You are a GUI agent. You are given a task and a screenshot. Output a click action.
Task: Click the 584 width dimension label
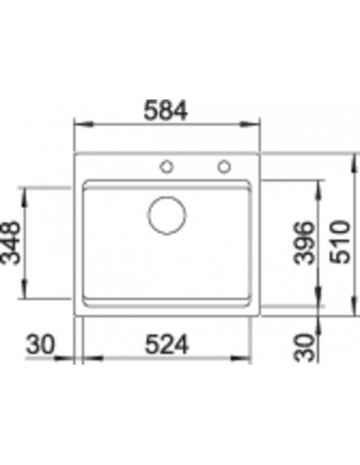pos(166,111)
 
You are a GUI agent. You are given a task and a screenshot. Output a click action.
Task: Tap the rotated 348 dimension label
pos(11,243)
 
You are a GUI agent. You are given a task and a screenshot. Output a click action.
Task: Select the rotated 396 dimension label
pos(303,243)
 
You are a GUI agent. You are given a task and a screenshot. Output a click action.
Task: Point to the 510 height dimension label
pos(340,242)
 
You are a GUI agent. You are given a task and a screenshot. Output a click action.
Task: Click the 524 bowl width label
pos(166,344)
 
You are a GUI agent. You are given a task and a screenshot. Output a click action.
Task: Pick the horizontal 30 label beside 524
pos(41,344)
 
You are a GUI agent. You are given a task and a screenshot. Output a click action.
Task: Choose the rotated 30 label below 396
pos(303,348)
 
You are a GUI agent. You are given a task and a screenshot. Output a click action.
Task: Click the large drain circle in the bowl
pos(167,215)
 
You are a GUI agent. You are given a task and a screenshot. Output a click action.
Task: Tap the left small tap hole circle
pos(166,166)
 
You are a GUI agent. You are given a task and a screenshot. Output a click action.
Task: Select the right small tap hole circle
pos(224,166)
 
